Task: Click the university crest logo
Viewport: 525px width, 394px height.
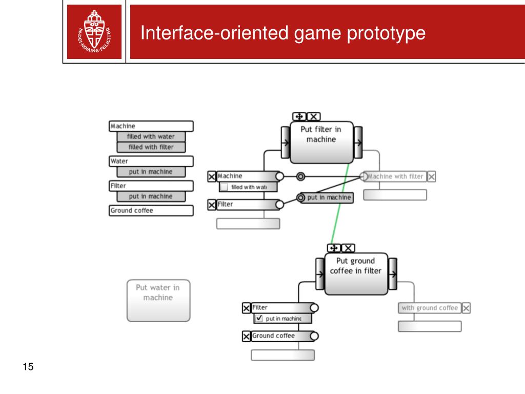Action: click(x=94, y=32)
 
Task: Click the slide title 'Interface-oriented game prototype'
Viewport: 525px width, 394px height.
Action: click(x=283, y=33)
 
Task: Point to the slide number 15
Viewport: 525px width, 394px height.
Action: click(x=28, y=367)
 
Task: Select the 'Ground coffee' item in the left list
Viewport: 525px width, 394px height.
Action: click(x=151, y=210)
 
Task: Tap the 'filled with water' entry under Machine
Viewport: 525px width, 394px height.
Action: click(x=151, y=136)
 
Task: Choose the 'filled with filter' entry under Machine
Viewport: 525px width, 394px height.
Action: click(x=151, y=147)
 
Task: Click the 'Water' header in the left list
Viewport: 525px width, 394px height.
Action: click(x=151, y=161)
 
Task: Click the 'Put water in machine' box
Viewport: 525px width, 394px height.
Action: click(x=158, y=300)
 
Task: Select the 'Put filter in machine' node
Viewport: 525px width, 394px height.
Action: click(x=321, y=141)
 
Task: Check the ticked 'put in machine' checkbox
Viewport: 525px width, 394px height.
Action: click(x=259, y=319)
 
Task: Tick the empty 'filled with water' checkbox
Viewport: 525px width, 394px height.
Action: click(x=224, y=187)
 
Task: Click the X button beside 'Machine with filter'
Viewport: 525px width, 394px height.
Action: click(x=432, y=176)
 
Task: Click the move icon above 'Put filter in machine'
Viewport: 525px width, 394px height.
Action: click(x=299, y=117)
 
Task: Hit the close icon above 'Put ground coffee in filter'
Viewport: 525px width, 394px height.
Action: click(x=348, y=248)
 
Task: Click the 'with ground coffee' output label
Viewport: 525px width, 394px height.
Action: click(x=429, y=308)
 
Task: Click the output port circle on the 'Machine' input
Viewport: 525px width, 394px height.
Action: click(x=279, y=176)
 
